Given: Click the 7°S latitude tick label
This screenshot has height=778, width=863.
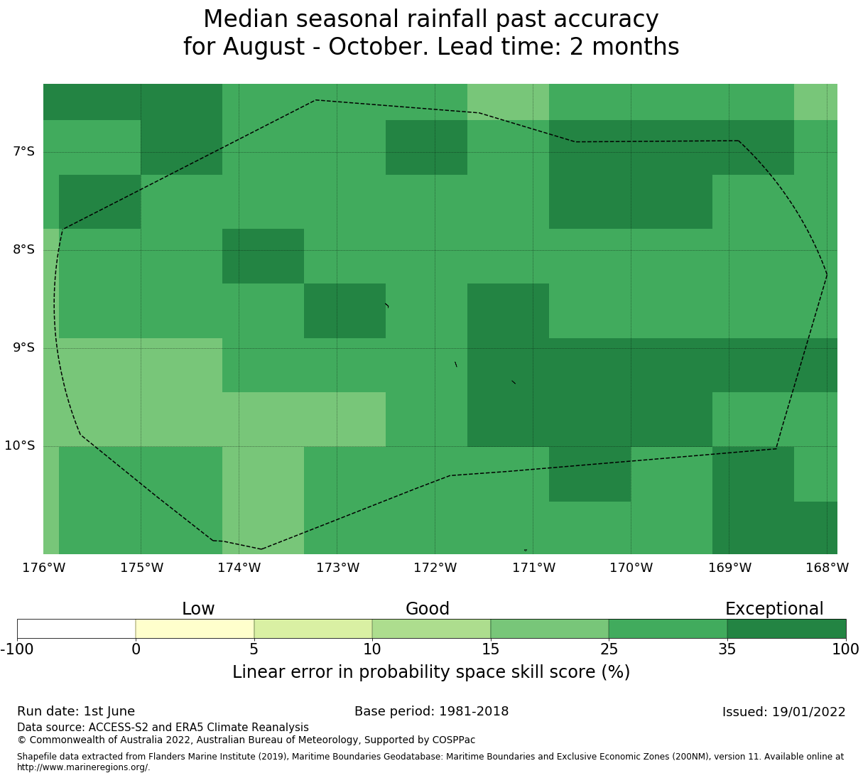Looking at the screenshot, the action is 23,152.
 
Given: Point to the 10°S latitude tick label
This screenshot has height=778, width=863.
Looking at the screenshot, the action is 19,445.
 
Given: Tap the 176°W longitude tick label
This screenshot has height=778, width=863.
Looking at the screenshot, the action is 43,568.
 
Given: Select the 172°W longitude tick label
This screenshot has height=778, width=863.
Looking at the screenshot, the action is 435,568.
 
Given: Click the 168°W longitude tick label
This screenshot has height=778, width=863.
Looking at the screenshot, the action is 827,568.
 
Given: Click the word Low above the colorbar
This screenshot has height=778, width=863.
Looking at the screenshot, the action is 198,609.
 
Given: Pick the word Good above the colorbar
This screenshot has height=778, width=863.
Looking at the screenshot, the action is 427,609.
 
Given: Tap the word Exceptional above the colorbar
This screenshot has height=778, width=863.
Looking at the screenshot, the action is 774,609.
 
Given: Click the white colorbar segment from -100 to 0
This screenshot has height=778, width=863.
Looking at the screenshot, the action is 77,629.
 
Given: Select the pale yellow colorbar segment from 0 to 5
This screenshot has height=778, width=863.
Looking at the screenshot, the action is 195,629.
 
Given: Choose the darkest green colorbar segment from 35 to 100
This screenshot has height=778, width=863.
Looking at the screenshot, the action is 787,629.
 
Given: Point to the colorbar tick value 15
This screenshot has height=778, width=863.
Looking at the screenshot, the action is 490,649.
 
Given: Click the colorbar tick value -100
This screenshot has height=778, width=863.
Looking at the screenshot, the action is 17,649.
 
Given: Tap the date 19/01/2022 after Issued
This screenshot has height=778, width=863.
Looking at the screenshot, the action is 809,712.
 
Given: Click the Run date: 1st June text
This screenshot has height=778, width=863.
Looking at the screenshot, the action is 76,712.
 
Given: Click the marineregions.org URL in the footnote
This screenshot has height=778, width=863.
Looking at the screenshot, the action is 84,767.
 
